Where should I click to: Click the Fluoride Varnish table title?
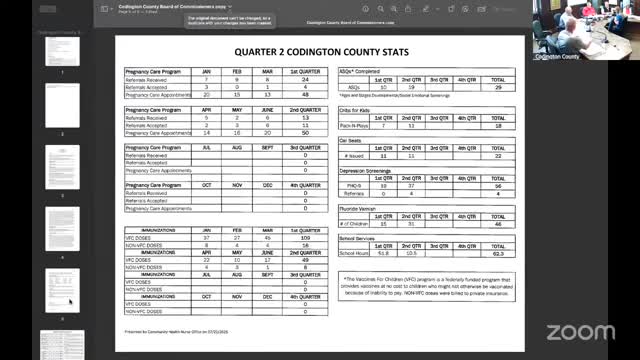359,207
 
